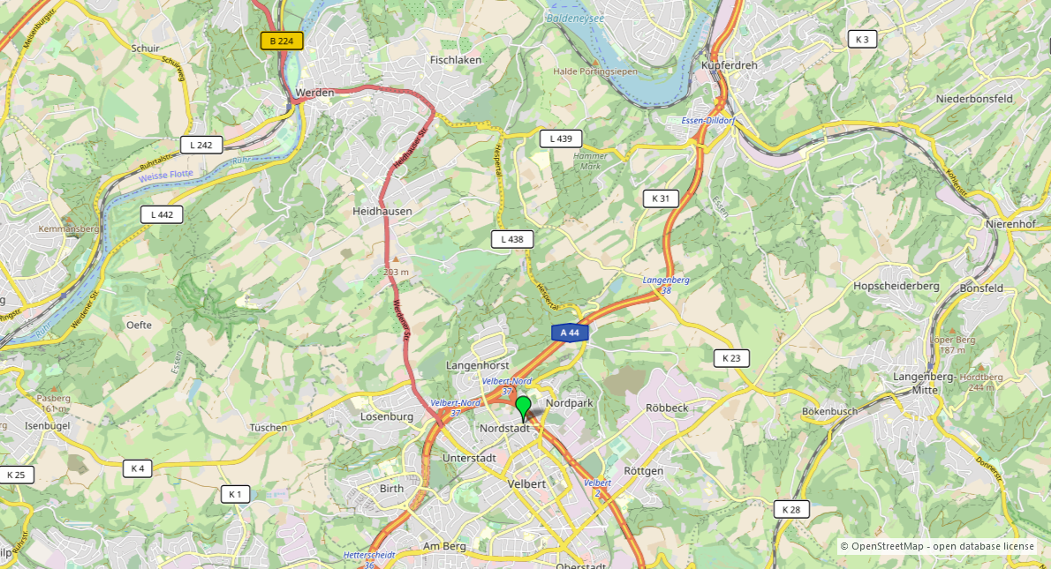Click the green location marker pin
pos(523,408)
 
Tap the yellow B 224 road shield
pos(282,41)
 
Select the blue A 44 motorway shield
pos(570,333)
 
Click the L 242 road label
pos(201,145)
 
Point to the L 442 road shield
pos(162,214)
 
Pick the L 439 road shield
pos(561,139)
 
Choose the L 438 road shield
pos(512,239)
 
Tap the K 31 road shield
pos(661,198)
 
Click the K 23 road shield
pos(731,358)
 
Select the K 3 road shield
pos(862,39)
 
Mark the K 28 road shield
pos(791,509)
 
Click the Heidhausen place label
pos(382,212)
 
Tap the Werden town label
pos(315,92)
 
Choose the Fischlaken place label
pos(455,60)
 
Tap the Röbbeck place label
pos(667,408)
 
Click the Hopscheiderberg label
pos(896,286)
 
